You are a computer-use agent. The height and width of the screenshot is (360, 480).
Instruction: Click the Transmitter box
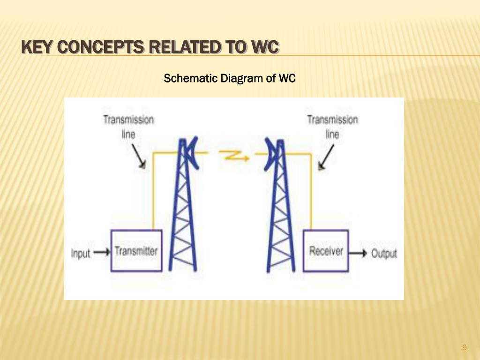click(136, 251)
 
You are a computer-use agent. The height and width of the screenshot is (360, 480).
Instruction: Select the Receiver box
click(326, 251)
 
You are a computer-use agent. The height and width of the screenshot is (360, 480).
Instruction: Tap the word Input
click(80, 254)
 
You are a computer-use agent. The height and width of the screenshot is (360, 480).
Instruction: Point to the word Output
click(384, 254)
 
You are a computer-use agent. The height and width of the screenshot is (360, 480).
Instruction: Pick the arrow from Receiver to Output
click(359, 253)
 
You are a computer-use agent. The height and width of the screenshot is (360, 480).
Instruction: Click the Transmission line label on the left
click(128, 127)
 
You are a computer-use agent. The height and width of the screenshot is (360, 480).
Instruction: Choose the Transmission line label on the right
click(332, 127)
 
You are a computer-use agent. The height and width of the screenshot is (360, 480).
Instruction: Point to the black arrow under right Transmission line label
click(326, 157)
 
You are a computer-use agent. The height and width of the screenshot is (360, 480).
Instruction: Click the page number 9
click(464, 347)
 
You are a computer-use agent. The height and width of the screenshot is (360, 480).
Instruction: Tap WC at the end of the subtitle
click(287, 78)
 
